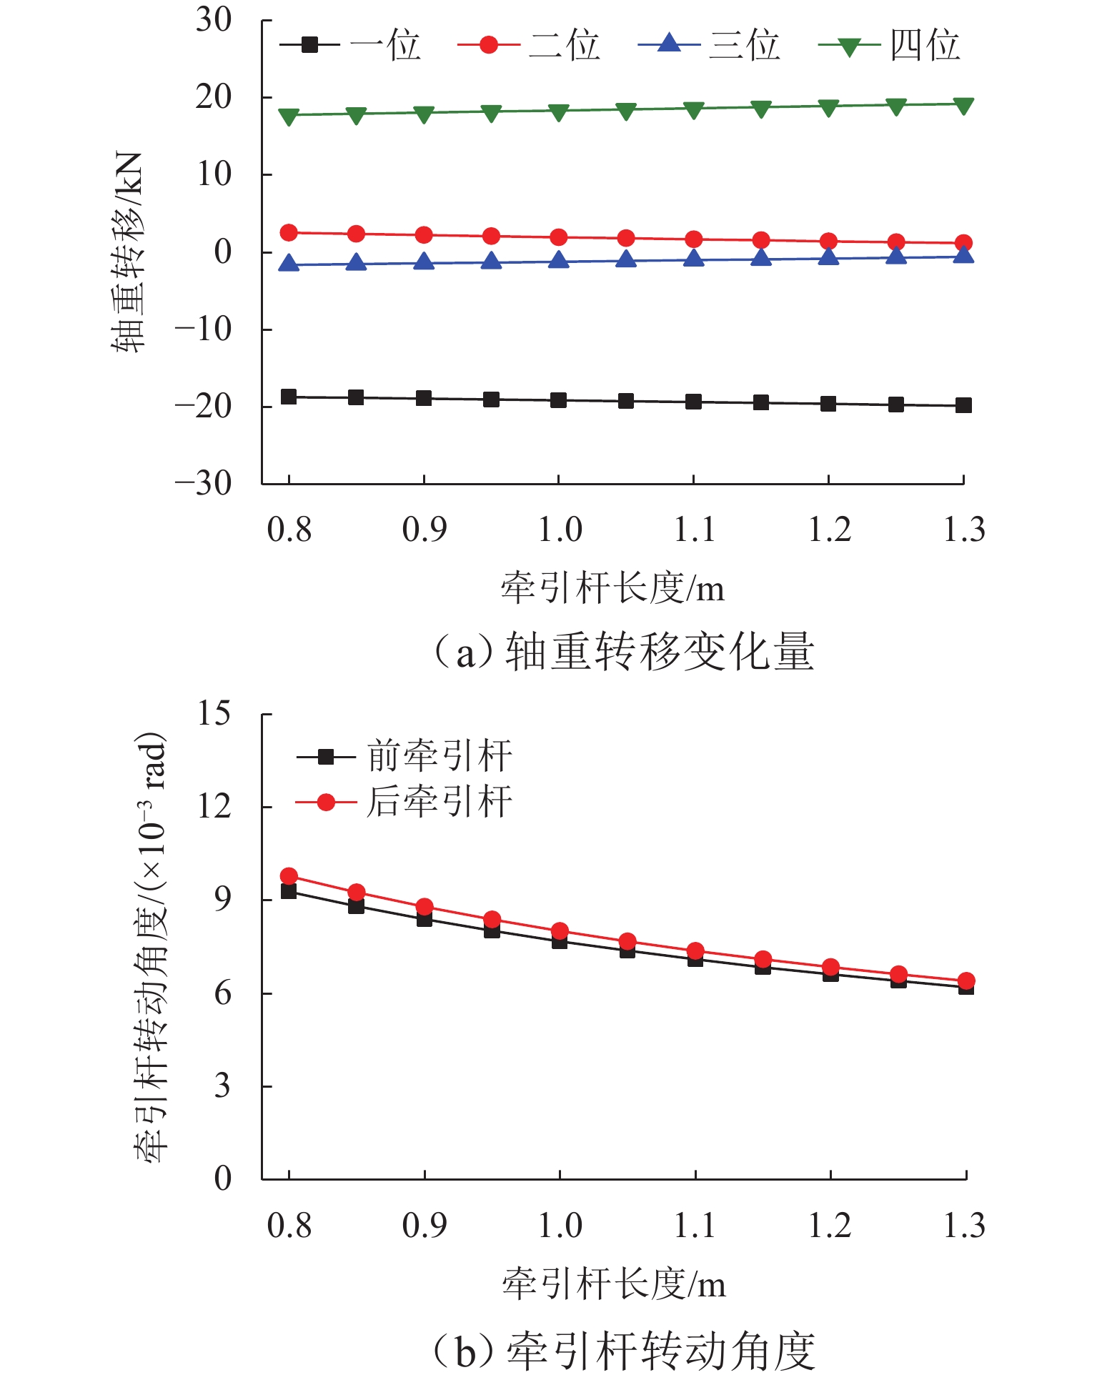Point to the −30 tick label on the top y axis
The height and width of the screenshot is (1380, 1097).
click(x=204, y=484)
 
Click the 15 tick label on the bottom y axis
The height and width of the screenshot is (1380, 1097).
click(x=214, y=713)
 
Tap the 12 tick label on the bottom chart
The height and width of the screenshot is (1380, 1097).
click(x=214, y=807)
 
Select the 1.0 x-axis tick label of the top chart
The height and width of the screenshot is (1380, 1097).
click(x=560, y=530)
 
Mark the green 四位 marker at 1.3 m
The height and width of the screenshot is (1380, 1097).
click(x=963, y=106)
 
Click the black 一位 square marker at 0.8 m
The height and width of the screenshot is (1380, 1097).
click(x=289, y=397)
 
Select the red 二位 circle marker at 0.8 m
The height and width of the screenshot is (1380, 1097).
click(x=289, y=232)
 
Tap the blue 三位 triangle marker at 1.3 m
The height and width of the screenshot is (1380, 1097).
click(x=963, y=255)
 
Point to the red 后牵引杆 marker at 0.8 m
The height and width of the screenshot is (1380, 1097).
click(x=289, y=876)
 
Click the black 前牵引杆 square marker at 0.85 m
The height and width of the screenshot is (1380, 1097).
click(x=356, y=905)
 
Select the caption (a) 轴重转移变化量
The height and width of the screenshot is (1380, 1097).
click(x=623, y=652)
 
